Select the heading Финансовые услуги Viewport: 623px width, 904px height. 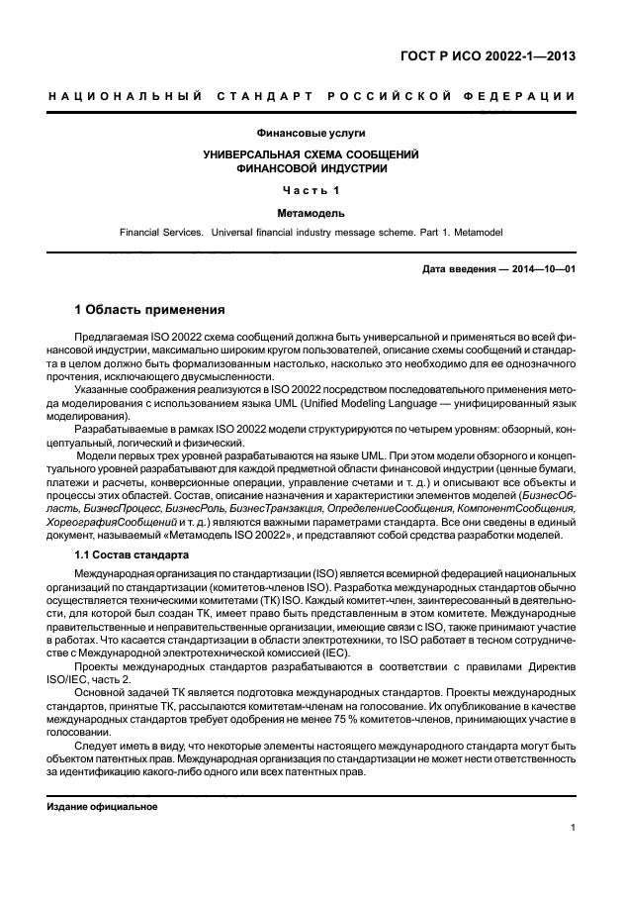pos(311,134)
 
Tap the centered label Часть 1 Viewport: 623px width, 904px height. pos(311,190)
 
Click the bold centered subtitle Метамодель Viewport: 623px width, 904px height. pos(311,211)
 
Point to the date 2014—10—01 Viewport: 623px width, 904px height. pos(539,269)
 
